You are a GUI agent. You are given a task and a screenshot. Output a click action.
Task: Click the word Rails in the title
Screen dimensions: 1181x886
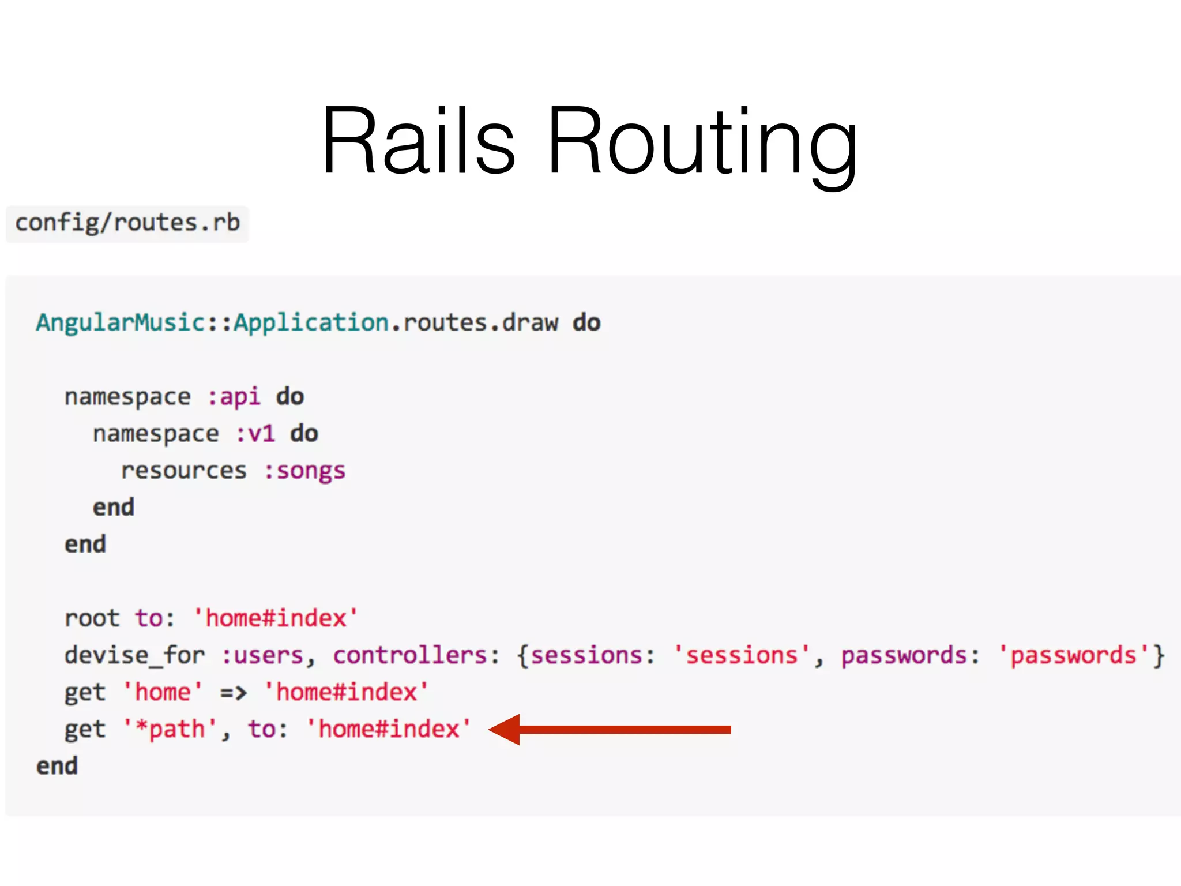418,141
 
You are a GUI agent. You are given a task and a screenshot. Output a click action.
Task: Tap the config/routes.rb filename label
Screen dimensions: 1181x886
127,223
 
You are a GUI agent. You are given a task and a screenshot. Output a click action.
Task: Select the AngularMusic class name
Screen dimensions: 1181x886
121,322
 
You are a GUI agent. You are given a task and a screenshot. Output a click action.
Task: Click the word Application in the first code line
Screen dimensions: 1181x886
311,323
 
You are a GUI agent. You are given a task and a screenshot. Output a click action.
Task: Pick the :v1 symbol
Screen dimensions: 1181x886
255,434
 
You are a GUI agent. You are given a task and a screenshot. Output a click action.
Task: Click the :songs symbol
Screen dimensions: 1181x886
305,471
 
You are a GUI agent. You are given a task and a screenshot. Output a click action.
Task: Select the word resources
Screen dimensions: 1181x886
184,471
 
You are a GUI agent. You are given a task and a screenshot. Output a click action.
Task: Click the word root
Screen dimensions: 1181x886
92,618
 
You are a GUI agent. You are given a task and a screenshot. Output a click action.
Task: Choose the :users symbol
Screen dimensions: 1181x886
263,656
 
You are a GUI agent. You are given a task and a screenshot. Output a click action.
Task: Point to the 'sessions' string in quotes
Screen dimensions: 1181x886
742,656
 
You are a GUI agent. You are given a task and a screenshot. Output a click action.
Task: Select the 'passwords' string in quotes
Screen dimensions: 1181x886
1074,656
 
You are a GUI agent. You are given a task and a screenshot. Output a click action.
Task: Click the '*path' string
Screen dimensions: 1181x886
171,730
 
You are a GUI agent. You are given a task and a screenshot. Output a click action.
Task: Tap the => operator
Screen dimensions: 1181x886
234,692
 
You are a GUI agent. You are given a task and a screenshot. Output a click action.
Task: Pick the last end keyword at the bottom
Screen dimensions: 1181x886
57,767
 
